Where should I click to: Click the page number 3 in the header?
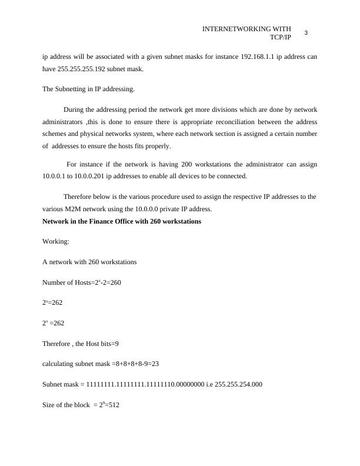(x=306, y=33)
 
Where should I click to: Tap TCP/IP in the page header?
(x=281, y=37)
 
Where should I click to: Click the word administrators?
(x=62, y=122)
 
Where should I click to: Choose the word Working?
(x=56, y=242)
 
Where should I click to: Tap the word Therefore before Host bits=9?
(x=56, y=344)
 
